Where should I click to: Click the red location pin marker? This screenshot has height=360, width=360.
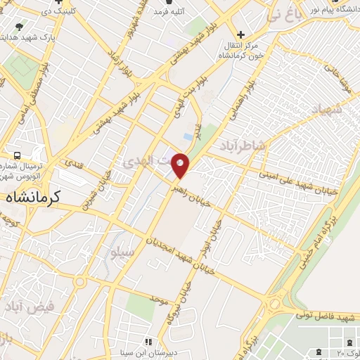(181, 166)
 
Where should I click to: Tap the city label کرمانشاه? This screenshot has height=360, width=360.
(34, 198)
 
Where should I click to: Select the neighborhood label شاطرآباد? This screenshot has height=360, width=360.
(243, 146)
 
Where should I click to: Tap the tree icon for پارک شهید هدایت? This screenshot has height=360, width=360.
(19, 27)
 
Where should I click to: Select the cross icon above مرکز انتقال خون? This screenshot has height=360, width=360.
(241, 34)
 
